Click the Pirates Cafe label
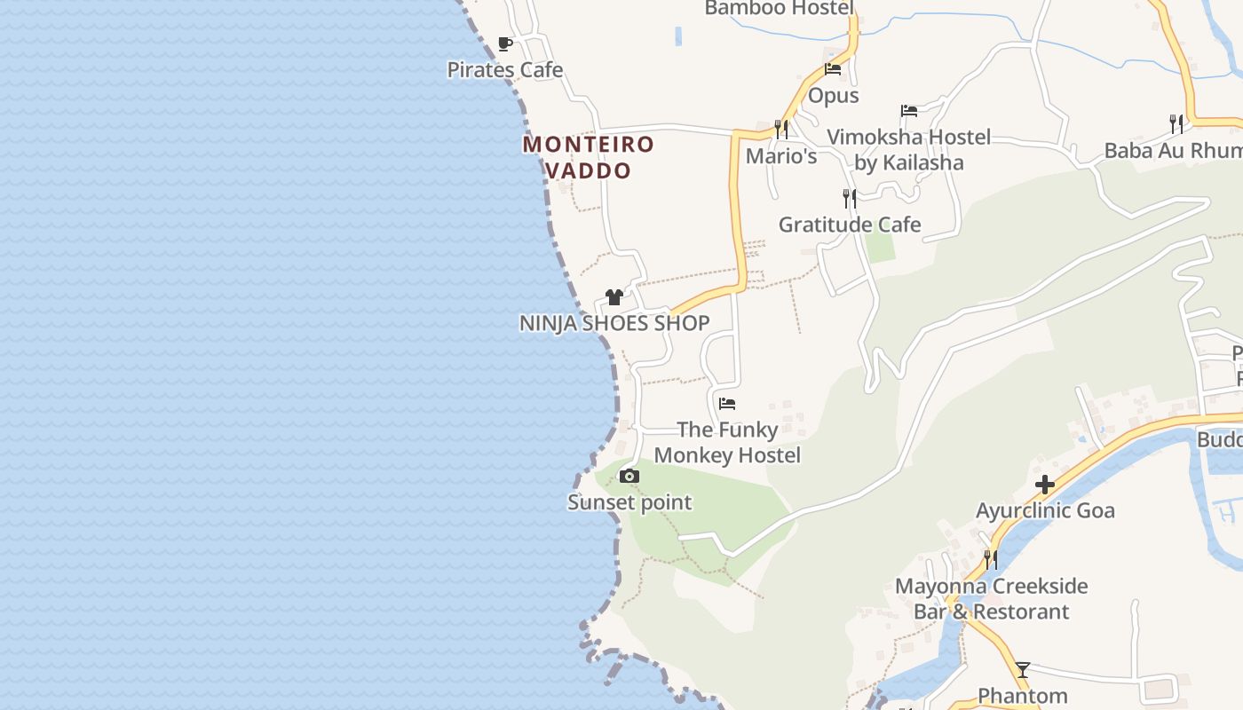pyautogui.click(x=504, y=69)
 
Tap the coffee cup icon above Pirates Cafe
pyautogui.click(x=505, y=43)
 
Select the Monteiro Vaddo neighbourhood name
pyautogui.click(x=588, y=157)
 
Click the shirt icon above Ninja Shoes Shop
pyautogui.click(x=614, y=297)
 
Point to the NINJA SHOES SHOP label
pyautogui.click(x=614, y=323)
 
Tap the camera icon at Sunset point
pyautogui.click(x=629, y=477)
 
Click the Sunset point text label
pyautogui.click(x=629, y=502)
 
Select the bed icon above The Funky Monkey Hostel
pyautogui.click(x=727, y=404)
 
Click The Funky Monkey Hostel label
pyautogui.click(x=727, y=442)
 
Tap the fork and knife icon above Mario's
pyautogui.click(x=781, y=129)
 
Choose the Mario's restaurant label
pyautogui.click(x=781, y=156)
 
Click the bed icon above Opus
pyautogui.click(x=833, y=69)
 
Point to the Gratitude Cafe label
pyautogui.click(x=850, y=225)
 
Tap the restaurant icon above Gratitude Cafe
pyautogui.click(x=850, y=198)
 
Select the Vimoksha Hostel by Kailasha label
pyautogui.click(x=909, y=150)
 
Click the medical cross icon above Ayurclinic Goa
pyautogui.click(x=1045, y=485)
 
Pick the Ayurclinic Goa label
pyautogui.click(x=1045, y=511)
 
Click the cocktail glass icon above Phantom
pyautogui.click(x=1023, y=669)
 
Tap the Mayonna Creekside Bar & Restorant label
pyautogui.click(x=991, y=599)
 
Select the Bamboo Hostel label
pyautogui.click(x=779, y=9)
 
